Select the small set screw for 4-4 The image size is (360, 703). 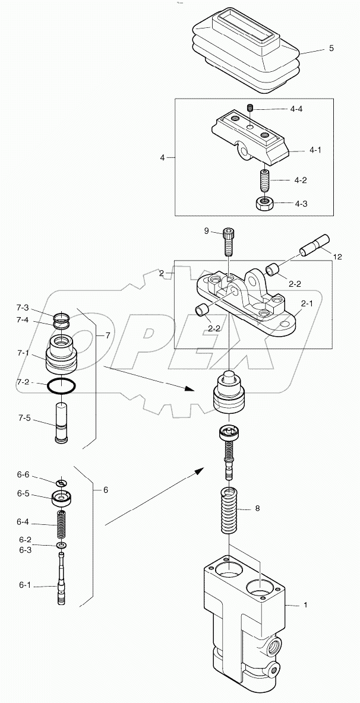pos(251,107)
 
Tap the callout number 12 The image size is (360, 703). pos(337,257)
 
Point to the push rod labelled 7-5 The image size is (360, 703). pos(61,422)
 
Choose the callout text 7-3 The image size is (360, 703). pos(23,308)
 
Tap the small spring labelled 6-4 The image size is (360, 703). pos(61,524)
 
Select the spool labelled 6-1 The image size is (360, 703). pos(61,579)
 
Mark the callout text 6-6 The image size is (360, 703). pos(23,476)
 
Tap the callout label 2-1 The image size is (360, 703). pos(306,304)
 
